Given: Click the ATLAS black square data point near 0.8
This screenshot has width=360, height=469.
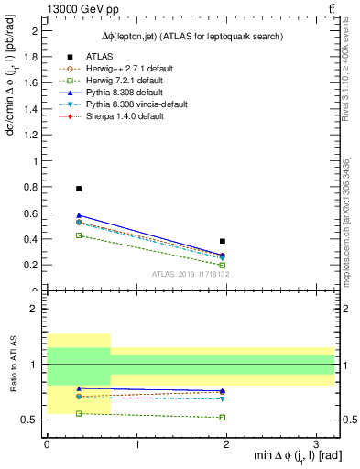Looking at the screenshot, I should tap(79, 189).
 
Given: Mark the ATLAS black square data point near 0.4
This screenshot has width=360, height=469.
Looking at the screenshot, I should tap(223, 241).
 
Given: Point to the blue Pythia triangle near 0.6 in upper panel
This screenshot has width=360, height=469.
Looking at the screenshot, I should tap(79, 215).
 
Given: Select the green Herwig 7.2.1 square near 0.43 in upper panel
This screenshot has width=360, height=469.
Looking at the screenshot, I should tap(79, 235).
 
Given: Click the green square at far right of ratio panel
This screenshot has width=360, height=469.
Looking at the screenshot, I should tap(223, 417).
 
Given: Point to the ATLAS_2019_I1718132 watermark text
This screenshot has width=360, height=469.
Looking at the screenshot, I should tap(190, 274).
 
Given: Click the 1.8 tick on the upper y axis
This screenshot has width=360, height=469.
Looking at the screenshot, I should tap(33, 57).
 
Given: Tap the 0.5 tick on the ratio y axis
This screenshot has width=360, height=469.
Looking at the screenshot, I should tap(32, 420).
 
